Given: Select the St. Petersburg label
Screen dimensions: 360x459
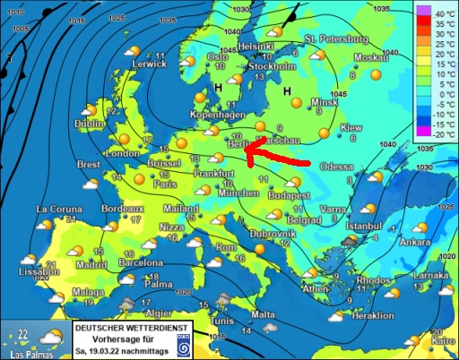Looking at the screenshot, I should pyautogui.click(x=336, y=40).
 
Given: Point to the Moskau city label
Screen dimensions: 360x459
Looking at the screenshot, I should pyautogui.click(x=370, y=57).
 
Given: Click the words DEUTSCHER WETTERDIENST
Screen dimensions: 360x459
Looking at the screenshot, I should pyautogui.click(x=131, y=329).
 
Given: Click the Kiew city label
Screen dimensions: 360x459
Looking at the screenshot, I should pyautogui.click(x=351, y=128).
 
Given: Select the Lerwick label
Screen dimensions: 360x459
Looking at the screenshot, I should pyautogui.click(x=124, y=64).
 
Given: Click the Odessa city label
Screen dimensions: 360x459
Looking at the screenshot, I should pyautogui.click(x=336, y=167).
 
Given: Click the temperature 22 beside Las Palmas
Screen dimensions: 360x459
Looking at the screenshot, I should pyautogui.click(x=20, y=336).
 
